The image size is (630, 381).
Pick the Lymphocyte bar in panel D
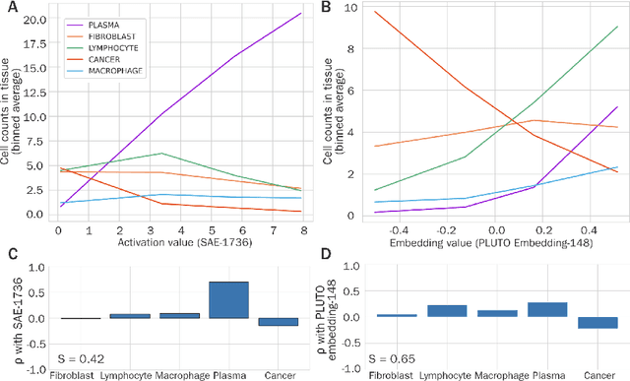(x=447, y=310)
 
